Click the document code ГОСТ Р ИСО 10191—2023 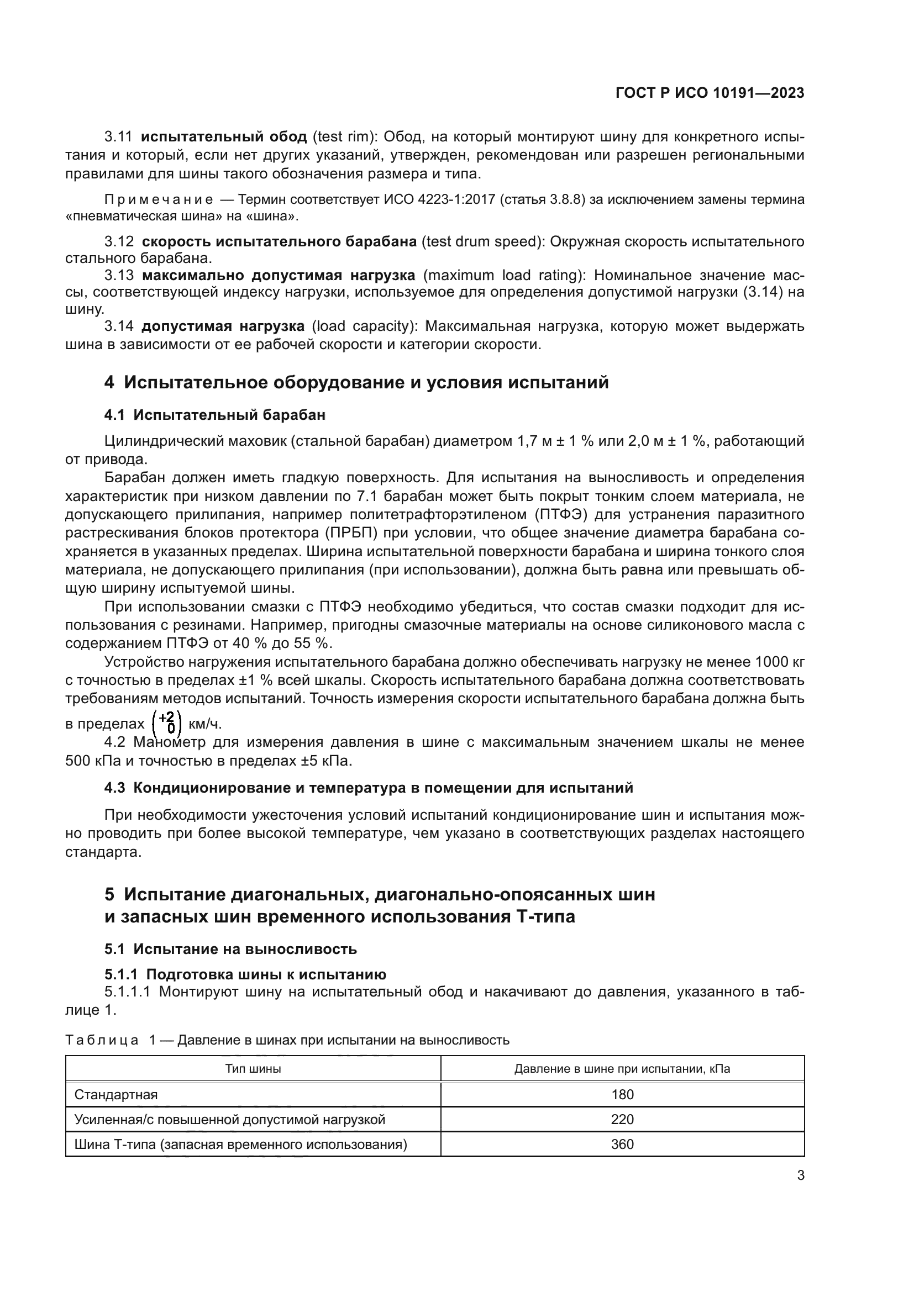(x=710, y=93)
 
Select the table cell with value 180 (x=622, y=1094)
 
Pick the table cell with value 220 (x=622, y=1119)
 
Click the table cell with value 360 (x=622, y=1144)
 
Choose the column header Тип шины (x=253, y=1069)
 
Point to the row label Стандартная (x=116, y=1094)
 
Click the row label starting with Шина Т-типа (x=240, y=1144)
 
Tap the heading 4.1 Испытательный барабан (x=214, y=415)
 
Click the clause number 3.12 (x=119, y=241)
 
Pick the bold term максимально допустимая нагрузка (x=279, y=275)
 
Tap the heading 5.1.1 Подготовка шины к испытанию (x=245, y=974)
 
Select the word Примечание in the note (x=159, y=200)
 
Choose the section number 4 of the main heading (x=109, y=383)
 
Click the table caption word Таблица (x=102, y=1040)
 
